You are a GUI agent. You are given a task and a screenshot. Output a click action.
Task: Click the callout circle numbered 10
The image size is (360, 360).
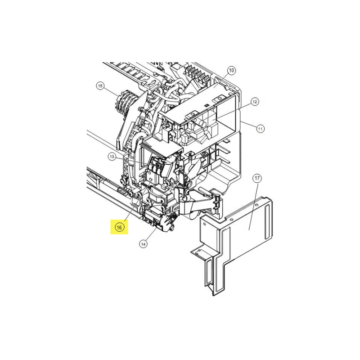coord(231,70)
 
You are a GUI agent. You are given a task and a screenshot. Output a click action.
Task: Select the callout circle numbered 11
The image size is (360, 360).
coord(260,129)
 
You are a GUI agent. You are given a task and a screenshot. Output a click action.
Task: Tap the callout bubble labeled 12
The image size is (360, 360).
coord(255,102)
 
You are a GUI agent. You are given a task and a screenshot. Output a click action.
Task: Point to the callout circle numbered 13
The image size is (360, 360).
coord(112,157)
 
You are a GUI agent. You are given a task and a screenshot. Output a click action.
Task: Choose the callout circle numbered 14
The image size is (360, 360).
coord(143,244)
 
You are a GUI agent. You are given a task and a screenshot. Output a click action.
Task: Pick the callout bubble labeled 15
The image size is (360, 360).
coord(100,86)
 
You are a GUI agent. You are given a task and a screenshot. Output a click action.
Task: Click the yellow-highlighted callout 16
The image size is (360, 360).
coord(119,227)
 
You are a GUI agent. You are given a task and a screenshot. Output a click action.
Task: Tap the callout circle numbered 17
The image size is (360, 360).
coord(257,178)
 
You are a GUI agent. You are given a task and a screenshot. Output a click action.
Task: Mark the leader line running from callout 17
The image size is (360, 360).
coord(253,206)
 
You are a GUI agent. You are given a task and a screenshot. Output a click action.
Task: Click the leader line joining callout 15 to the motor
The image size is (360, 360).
coord(111,93)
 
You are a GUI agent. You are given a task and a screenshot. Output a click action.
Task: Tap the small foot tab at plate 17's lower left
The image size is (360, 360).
coord(199,252)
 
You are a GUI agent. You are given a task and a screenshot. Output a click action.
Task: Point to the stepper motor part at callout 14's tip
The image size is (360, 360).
coord(165,222)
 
